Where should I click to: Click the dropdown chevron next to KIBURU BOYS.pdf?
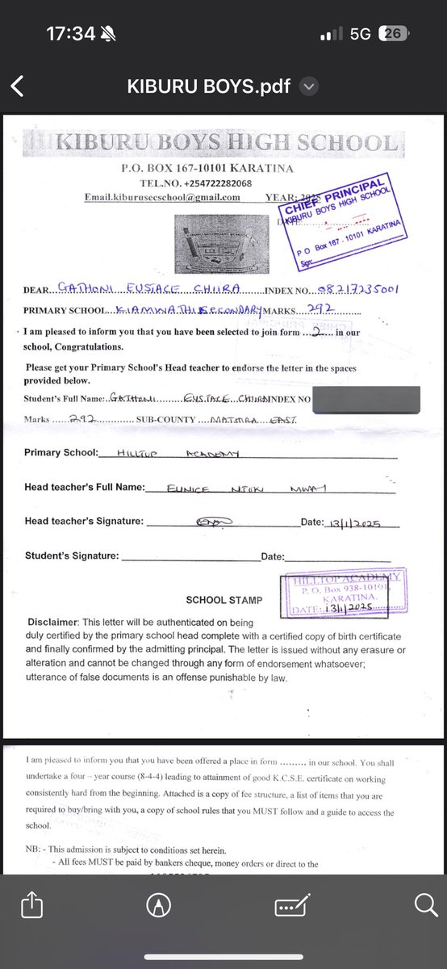[x=309, y=87]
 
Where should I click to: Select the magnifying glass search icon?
[x=424, y=906]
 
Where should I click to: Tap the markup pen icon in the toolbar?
[x=158, y=906]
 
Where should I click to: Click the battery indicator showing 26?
[x=394, y=34]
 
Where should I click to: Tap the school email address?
[x=162, y=197]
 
